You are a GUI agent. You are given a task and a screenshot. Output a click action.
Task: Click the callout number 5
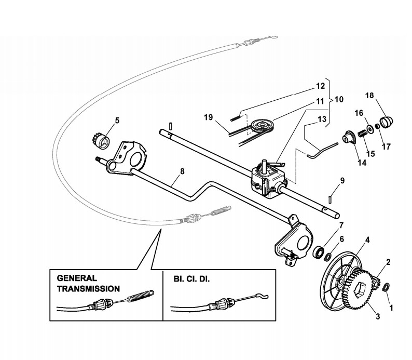(117, 121)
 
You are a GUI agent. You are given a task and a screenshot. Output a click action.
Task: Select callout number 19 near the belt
(208, 118)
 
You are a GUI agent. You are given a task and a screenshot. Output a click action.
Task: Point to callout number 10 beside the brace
(339, 98)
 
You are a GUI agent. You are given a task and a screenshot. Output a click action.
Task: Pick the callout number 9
(342, 181)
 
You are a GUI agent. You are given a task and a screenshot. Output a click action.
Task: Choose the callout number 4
(367, 240)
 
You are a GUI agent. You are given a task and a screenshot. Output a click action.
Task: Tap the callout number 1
(391, 308)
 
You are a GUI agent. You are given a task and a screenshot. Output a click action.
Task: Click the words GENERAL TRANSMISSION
(88, 283)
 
